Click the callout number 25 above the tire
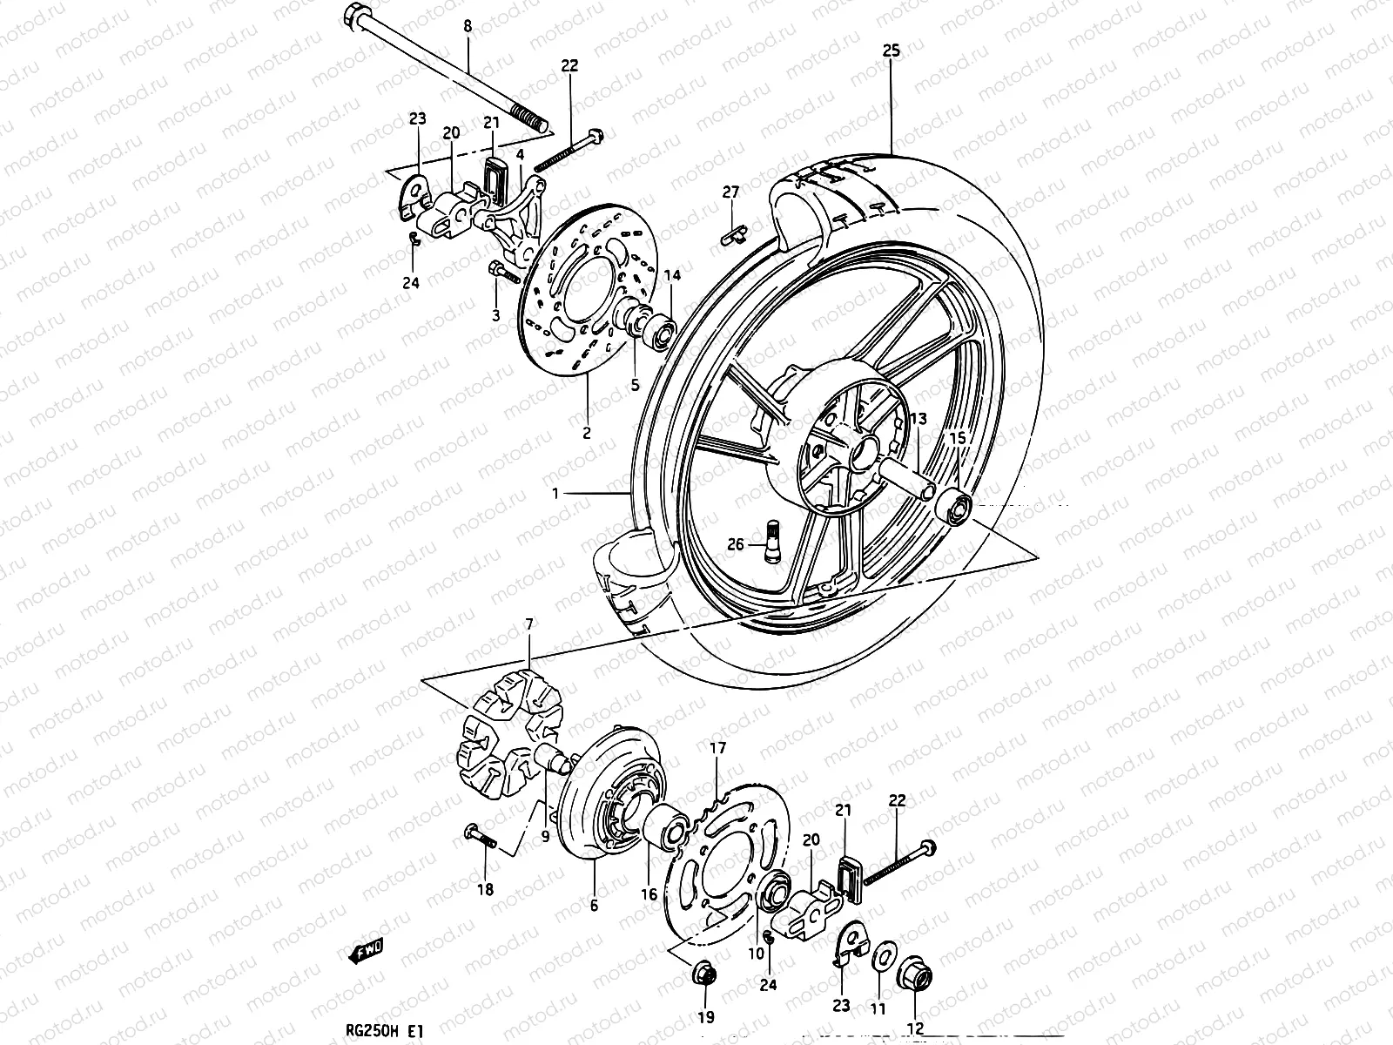pos(891,51)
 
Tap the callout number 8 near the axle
pos(468,27)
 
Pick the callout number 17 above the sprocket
pos(717,748)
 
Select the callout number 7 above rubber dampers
pos(528,624)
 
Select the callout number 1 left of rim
pos(555,494)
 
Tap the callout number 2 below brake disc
pos(586,433)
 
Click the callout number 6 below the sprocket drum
pos(593,906)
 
